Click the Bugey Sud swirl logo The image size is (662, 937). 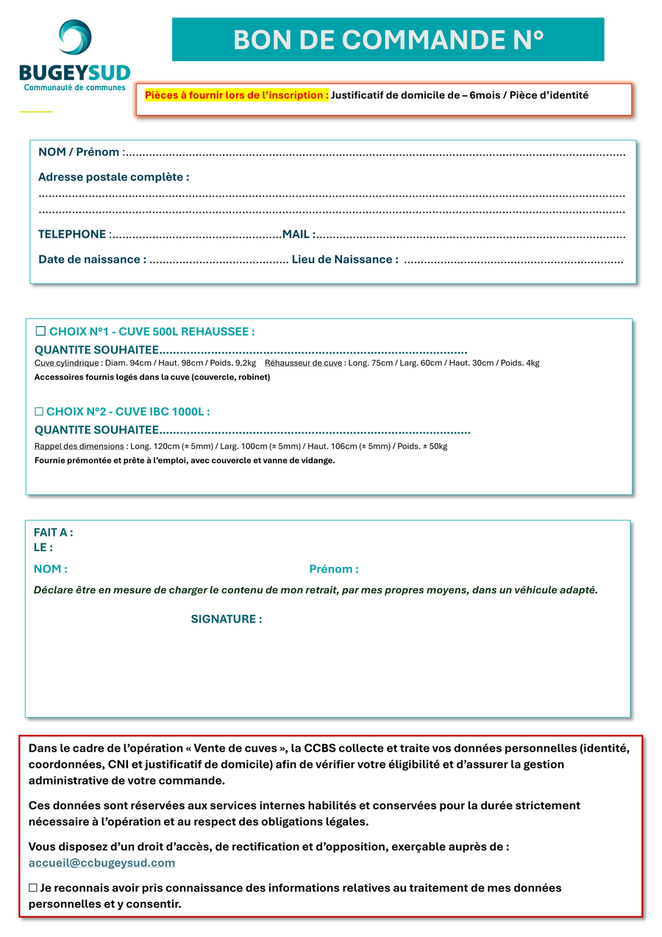pos(75,37)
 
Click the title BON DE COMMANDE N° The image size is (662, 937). pos(388,40)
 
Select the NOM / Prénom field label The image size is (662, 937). pos(80,152)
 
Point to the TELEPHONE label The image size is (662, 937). pos(72,234)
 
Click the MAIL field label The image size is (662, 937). pos(298,234)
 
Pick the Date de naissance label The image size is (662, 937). pos(92,259)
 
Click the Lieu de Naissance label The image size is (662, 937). pos(345,259)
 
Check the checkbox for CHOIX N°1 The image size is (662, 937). pos(41,331)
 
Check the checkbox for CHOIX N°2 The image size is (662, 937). pos(39,411)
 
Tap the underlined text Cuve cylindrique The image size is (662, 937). pos(66,363)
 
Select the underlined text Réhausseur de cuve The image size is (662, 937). pos(303,363)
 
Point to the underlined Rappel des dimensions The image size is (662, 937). pos(79,446)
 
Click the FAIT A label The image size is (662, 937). pos(53,532)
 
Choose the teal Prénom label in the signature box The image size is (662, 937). pos(333,569)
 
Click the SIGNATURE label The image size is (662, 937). pos(226,619)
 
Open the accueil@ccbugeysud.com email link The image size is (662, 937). pos(102,863)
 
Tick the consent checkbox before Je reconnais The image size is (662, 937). pos(33,888)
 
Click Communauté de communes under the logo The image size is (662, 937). pos(75,88)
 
